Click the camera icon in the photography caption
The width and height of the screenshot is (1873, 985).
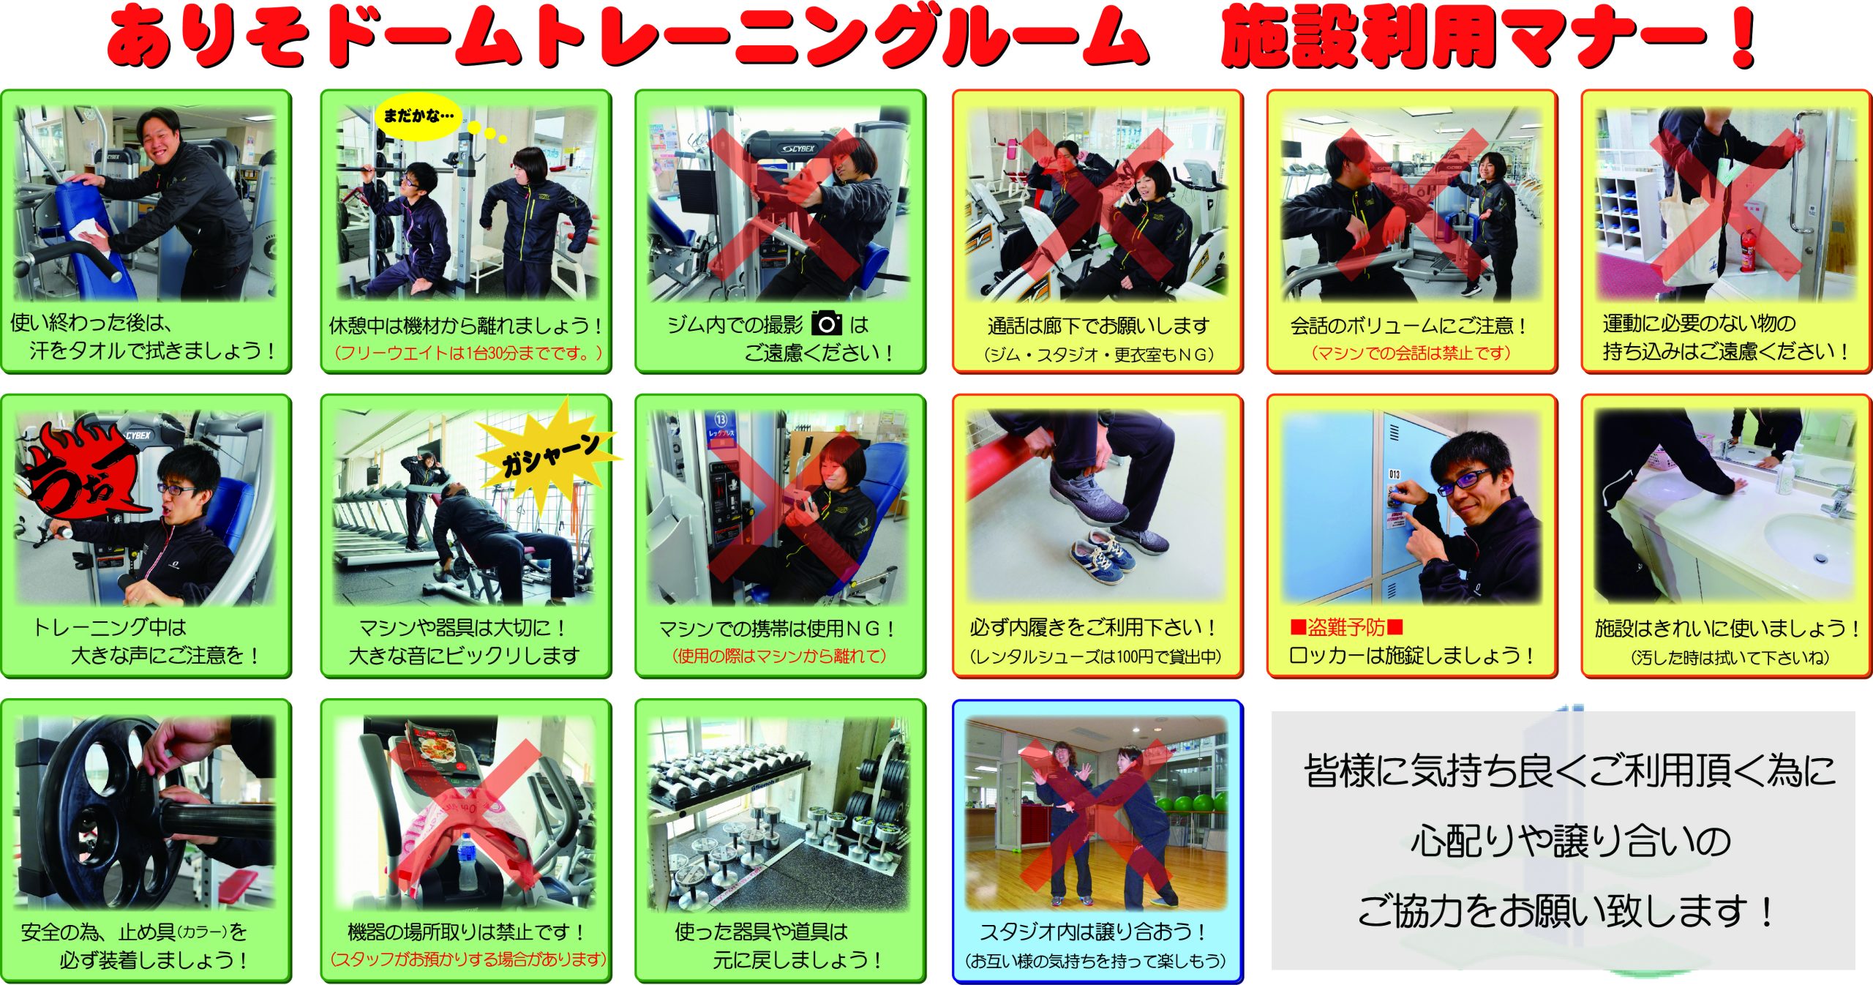click(x=827, y=323)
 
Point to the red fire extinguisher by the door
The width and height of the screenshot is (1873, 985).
click(x=1746, y=248)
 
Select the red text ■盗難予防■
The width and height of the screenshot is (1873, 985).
click(x=1346, y=627)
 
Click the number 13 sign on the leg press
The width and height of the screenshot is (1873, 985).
click(x=721, y=419)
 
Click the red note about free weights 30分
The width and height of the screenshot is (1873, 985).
click(x=468, y=353)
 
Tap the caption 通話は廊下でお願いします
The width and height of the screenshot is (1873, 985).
click(x=1097, y=325)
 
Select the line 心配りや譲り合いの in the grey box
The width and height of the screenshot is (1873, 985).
click(x=1570, y=840)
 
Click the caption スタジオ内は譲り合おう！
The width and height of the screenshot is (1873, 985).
click(x=1095, y=932)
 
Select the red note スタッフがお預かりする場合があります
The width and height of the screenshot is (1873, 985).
click(x=468, y=959)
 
